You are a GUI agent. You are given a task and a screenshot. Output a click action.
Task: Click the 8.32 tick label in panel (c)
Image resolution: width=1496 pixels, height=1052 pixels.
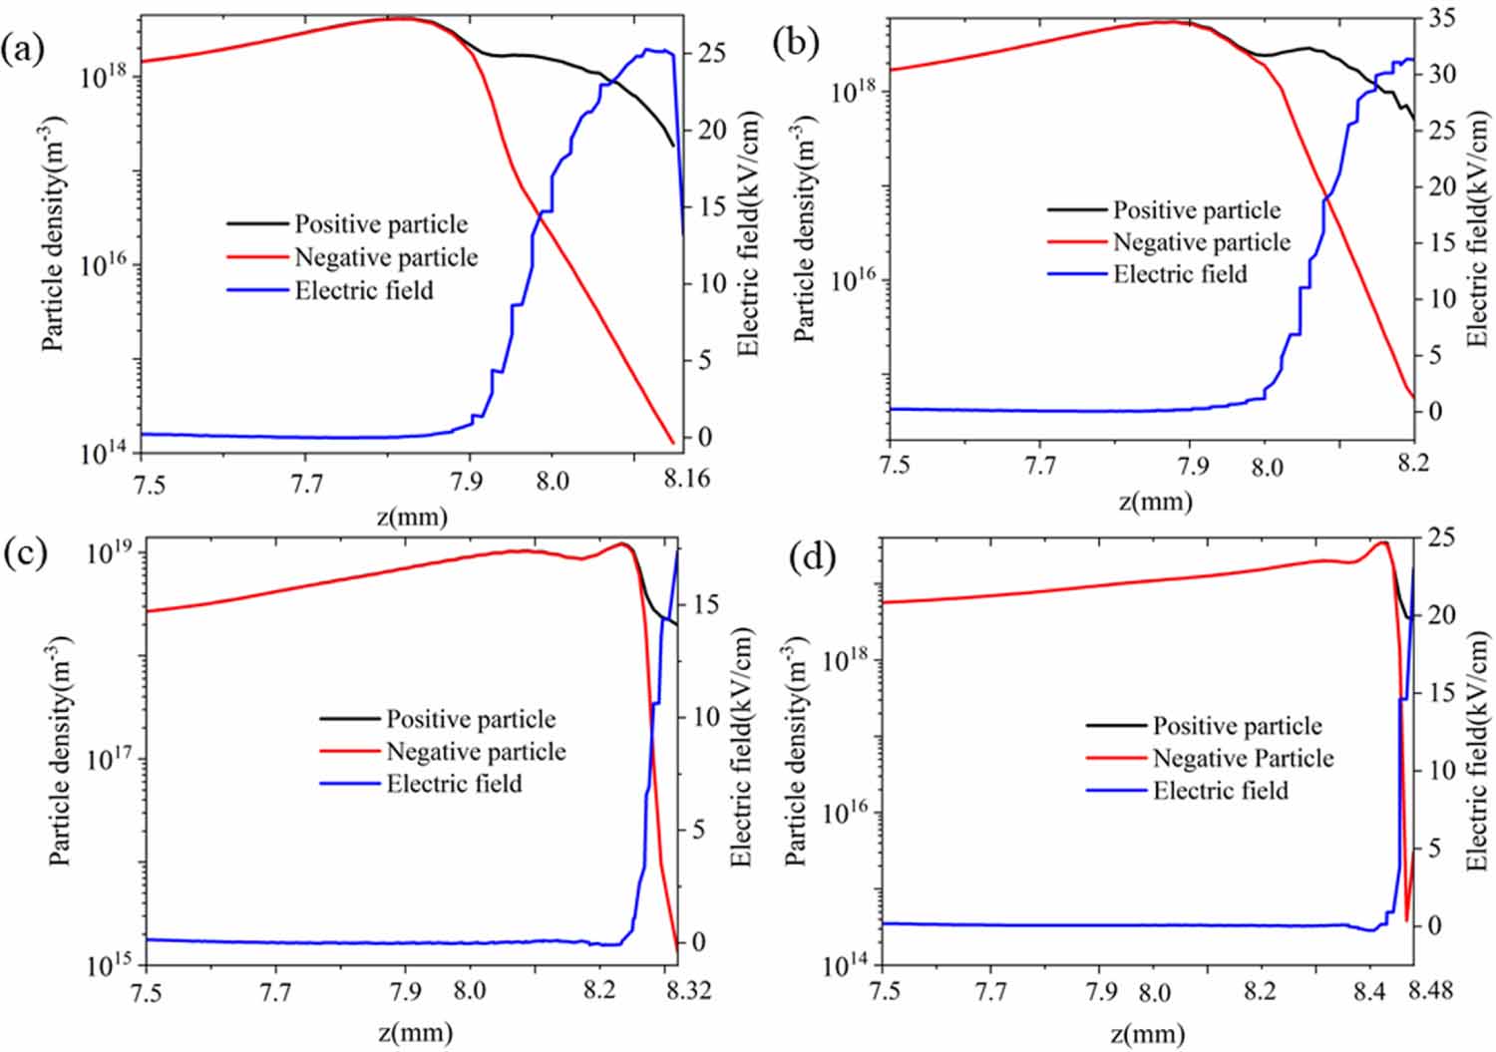pos(686,992)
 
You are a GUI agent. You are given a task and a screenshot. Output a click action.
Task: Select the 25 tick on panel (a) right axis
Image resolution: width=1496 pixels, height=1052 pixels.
pos(711,53)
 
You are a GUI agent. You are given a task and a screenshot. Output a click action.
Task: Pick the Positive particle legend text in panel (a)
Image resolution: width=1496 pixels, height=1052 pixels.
pos(380,224)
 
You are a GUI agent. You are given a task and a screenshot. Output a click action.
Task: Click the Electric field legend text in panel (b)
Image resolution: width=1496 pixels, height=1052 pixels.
pos(1180,274)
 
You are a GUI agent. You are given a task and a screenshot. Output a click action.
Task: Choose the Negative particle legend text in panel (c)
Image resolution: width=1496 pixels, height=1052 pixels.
pos(476,752)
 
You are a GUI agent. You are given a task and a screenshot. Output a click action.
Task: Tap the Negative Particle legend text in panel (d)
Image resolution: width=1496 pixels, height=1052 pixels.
pos(1243,759)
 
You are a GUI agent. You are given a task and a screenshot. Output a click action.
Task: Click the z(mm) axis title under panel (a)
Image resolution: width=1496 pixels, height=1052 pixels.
pos(413,517)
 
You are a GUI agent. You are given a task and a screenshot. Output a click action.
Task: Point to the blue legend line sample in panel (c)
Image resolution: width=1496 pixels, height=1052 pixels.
pos(349,784)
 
